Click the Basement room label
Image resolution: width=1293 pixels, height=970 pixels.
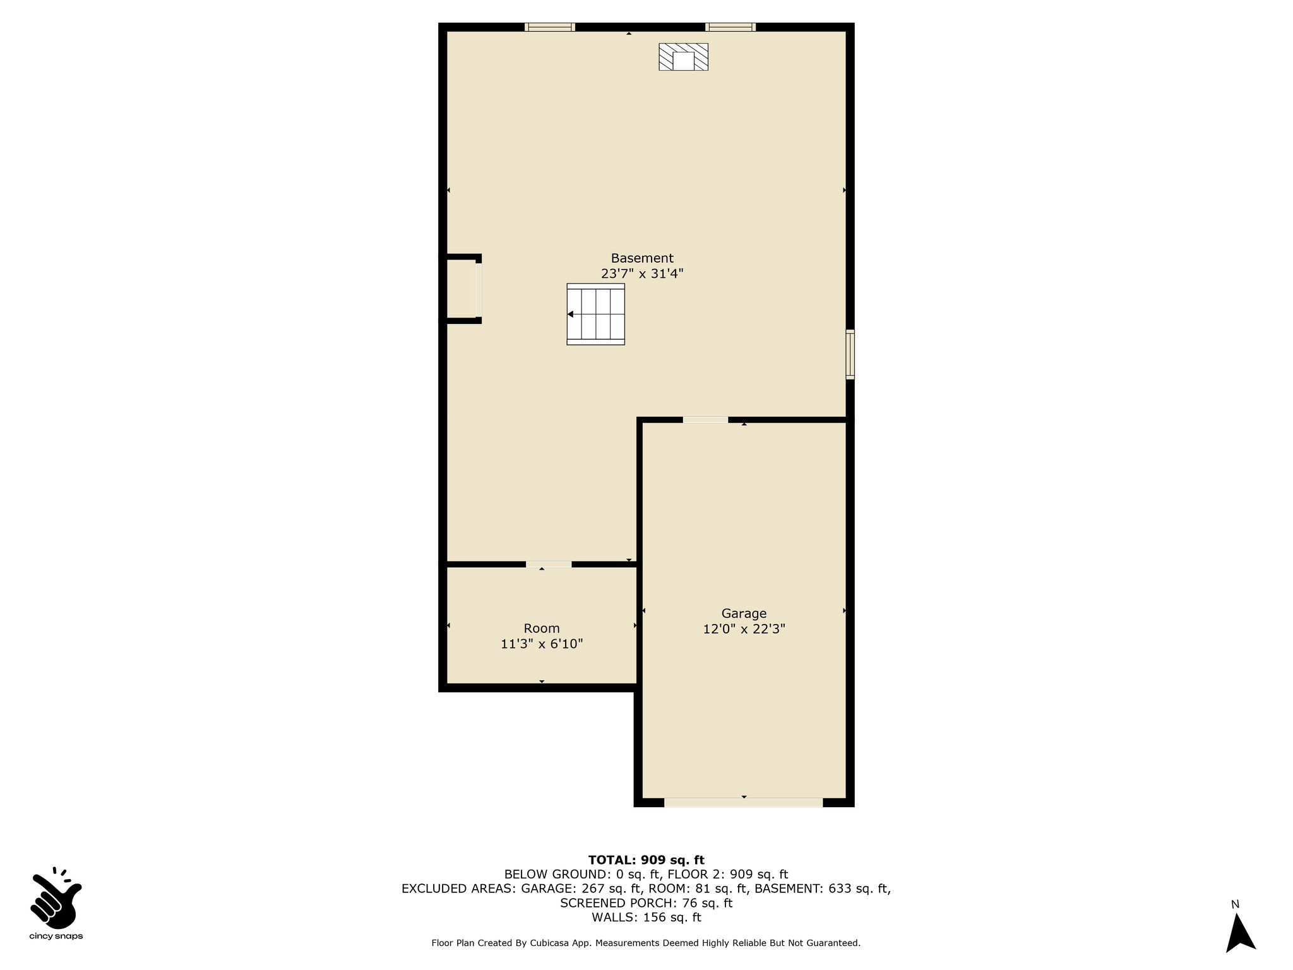click(642, 258)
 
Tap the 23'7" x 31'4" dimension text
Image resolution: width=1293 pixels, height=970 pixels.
click(642, 274)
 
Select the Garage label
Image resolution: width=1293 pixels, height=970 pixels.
click(744, 613)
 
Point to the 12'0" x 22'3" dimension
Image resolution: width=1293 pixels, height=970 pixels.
click(744, 629)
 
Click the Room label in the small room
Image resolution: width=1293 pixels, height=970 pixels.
click(542, 628)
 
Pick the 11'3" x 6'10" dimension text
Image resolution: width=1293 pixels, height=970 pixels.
click(542, 644)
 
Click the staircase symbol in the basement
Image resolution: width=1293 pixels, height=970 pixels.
click(595, 314)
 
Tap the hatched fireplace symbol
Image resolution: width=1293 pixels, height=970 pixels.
click(683, 56)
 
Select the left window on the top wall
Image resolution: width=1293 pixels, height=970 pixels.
click(550, 27)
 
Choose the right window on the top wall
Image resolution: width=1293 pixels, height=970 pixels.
click(730, 27)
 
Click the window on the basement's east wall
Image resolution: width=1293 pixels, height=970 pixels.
click(850, 354)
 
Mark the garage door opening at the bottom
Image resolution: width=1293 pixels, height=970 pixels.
click(744, 803)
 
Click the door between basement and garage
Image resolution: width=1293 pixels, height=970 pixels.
click(705, 420)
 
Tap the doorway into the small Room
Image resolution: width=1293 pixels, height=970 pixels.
click(549, 565)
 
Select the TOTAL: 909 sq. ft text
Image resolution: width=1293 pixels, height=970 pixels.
click(646, 859)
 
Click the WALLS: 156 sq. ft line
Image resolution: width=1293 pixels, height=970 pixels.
click(646, 918)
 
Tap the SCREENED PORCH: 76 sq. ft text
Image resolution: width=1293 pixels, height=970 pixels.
click(646, 903)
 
